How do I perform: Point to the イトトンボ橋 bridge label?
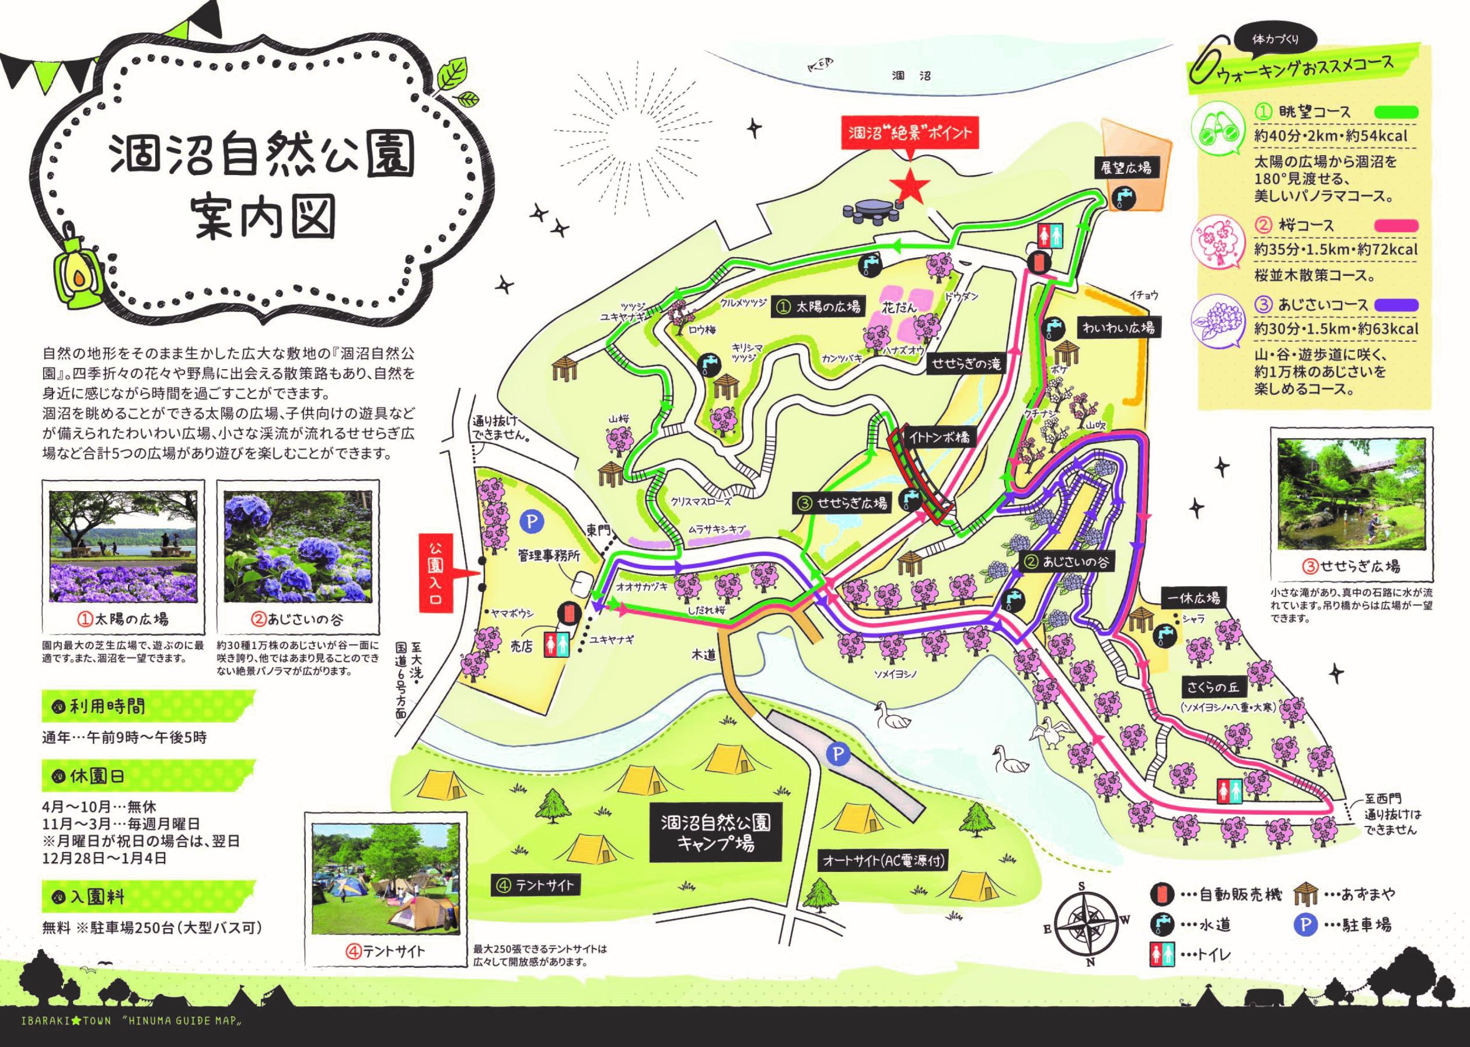[x=938, y=436]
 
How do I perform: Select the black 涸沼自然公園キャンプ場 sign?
[x=715, y=832]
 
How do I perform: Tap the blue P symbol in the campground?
[x=838, y=754]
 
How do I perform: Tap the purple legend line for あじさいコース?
[x=1396, y=304]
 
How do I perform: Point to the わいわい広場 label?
[x=1118, y=327]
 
